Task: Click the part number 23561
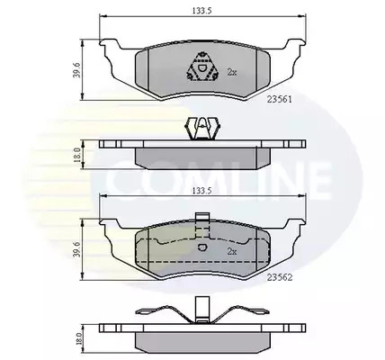[x=280, y=99]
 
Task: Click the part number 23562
[x=280, y=278]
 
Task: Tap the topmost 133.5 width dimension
[x=201, y=11]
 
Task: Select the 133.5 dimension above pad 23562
[x=201, y=190]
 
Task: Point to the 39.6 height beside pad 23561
[x=76, y=70]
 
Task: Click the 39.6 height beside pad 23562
[x=76, y=249]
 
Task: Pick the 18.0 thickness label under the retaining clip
[x=76, y=155]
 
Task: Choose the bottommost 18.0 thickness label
[x=78, y=337]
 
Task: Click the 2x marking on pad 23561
[x=232, y=72]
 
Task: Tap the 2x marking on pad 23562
[x=232, y=252]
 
